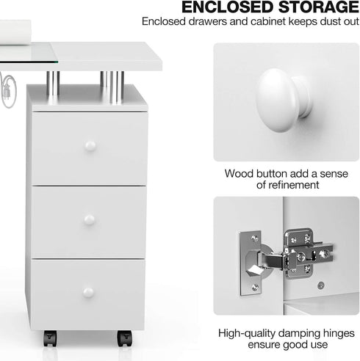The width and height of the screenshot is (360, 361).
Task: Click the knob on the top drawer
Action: coord(90,145)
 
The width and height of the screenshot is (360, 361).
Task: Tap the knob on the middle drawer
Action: coord(89,219)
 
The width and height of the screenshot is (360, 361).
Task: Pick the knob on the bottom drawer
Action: coord(89,292)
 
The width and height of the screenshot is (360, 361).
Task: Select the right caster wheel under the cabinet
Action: coord(124,338)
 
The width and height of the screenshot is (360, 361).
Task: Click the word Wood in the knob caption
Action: coord(240,173)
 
